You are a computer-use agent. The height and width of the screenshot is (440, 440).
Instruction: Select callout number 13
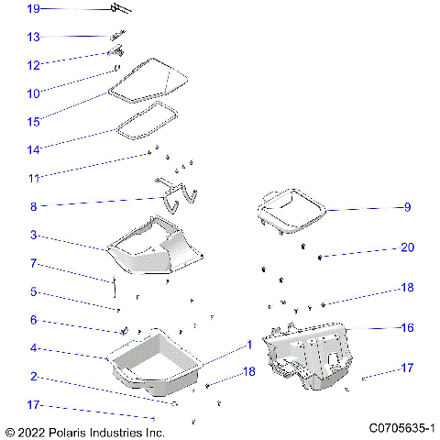click(x=33, y=38)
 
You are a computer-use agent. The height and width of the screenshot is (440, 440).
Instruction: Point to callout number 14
click(x=33, y=149)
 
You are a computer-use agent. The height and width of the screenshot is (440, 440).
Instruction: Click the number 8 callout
click(x=33, y=207)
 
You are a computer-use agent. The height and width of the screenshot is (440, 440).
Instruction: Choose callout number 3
click(x=33, y=236)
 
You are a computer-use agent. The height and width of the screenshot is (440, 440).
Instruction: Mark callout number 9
click(x=407, y=207)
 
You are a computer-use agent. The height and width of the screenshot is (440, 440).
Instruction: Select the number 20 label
click(x=407, y=248)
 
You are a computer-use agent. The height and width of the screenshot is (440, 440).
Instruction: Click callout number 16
click(x=407, y=327)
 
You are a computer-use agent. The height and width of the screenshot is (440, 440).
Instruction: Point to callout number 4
click(x=33, y=348)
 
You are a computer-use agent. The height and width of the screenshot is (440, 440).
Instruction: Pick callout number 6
click(x=33, y=320)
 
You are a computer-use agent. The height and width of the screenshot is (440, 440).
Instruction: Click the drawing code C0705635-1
click(x=401, y=428)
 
